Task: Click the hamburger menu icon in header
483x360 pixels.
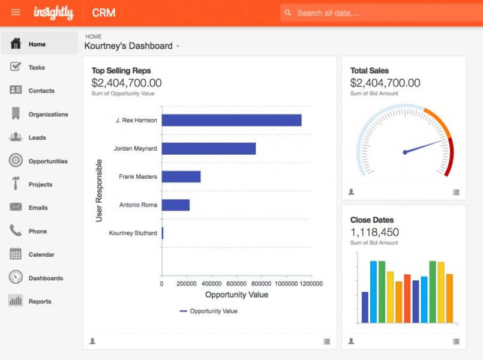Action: (x=16, y=12)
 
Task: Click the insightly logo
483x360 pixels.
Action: (x=53, y=12)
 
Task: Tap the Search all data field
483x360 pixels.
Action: (x=378, y=13)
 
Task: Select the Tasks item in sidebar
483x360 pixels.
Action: (x=36, y=67)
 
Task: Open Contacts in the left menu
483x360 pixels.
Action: (x=41, y=91)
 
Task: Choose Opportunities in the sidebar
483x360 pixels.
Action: (x=47, y=161)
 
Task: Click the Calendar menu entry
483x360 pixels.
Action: (x=41, y=254)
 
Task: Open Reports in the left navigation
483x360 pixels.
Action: (x=40, y=301)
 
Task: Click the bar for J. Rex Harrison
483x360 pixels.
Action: (x=231, y=120)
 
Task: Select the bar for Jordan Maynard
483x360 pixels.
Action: (x=208, y=148)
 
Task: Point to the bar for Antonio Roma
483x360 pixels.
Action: (x=175, y=205)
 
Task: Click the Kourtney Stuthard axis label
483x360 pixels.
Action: (x=133, y=233)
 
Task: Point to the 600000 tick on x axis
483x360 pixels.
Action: (x=236, y=283)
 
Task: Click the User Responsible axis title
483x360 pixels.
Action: (x=100, y=190)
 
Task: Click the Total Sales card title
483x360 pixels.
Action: (x=369, y=70)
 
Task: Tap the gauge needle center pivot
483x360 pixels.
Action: (x=405, y=152)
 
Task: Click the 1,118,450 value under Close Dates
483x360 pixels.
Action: (x=374, y=232)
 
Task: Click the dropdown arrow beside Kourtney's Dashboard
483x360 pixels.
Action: (x=178, y=47)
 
